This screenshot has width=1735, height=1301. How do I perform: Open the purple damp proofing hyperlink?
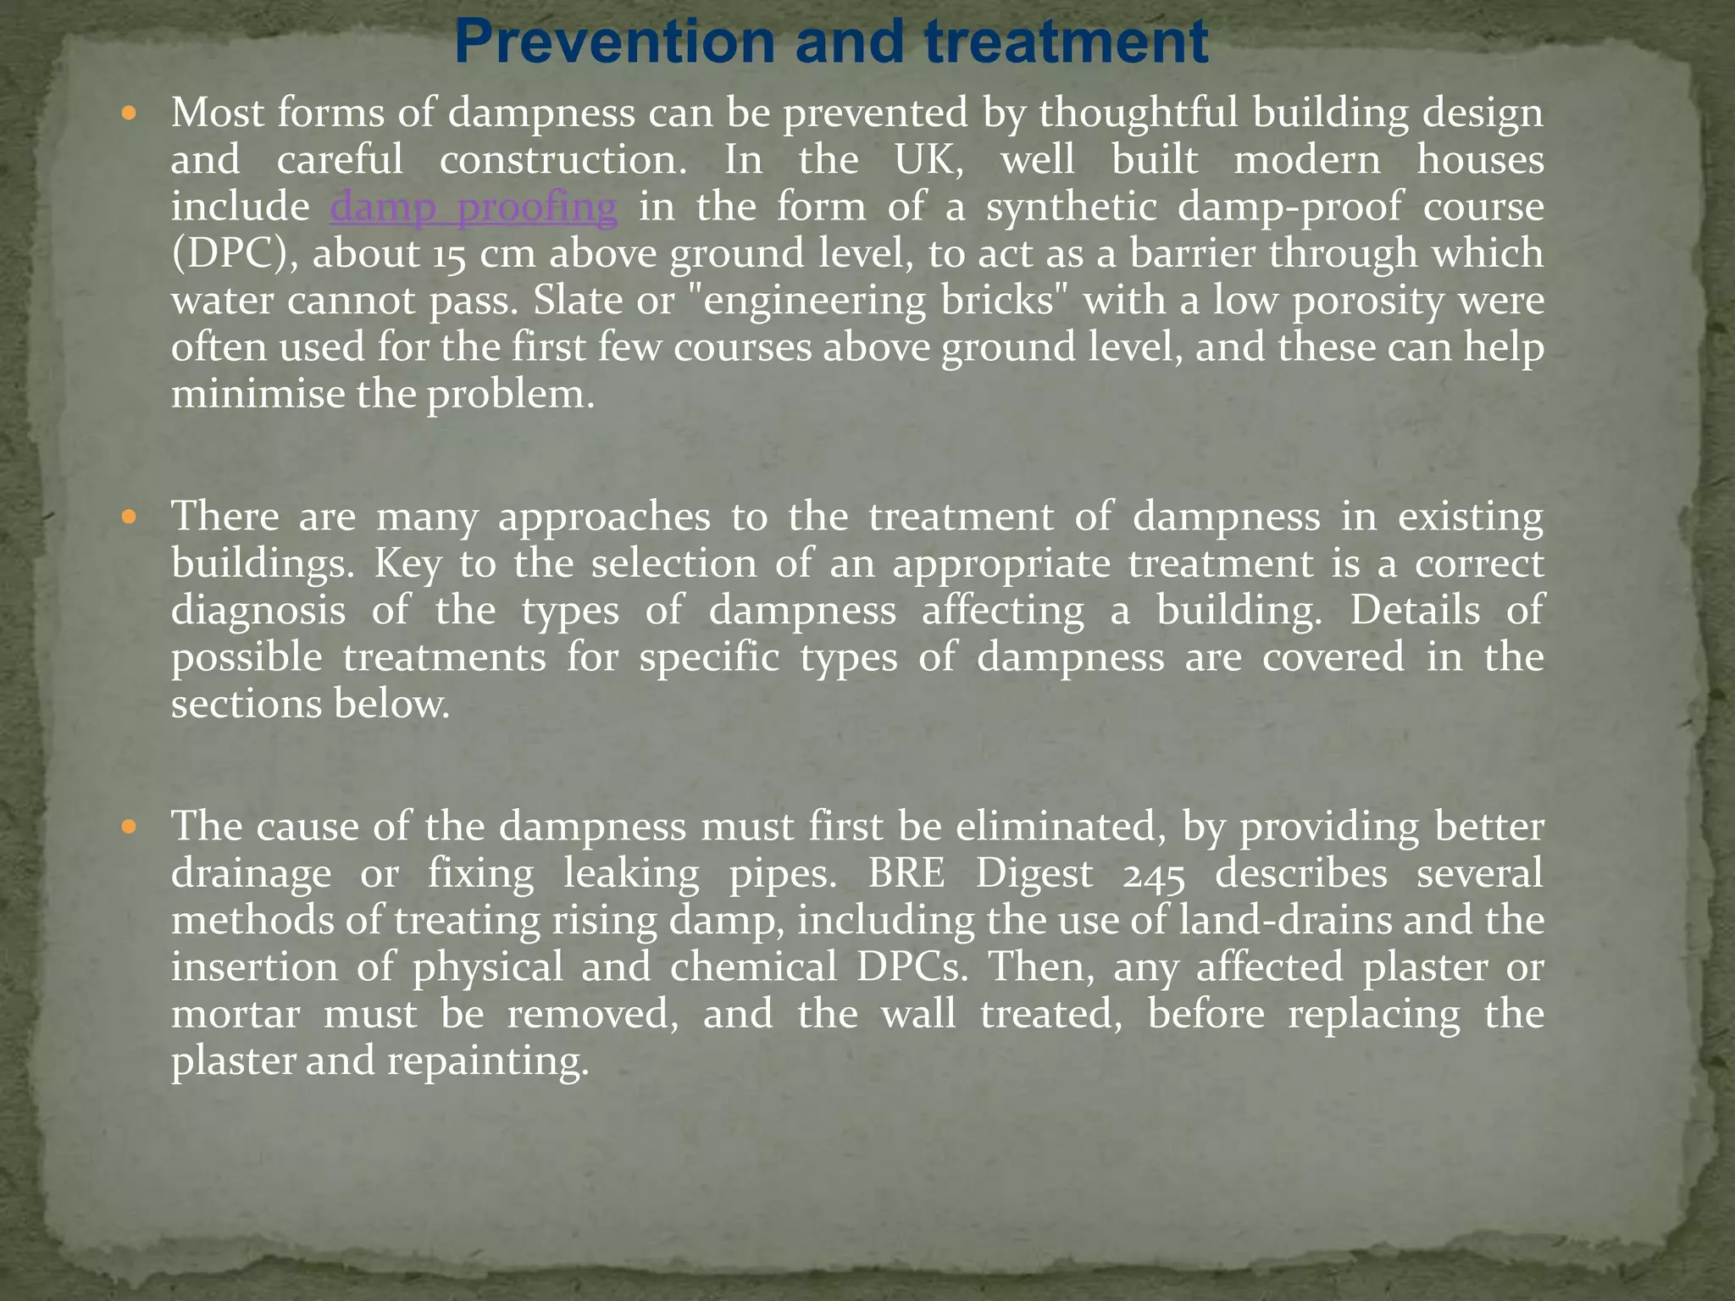point(474,208)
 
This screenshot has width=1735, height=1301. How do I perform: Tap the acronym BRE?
point(906,873)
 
